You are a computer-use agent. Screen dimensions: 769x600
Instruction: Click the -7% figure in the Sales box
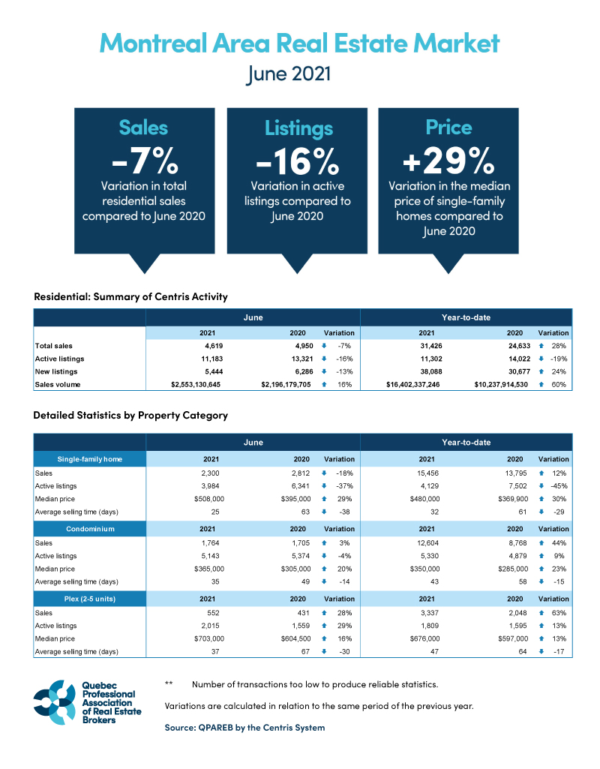[145, 160]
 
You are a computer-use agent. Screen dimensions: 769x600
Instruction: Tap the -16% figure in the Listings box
[297, 160]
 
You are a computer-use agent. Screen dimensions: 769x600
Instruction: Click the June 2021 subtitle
[299, 75]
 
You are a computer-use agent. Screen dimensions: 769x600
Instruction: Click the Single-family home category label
[90, 458]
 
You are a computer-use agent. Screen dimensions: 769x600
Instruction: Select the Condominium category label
[90, 528]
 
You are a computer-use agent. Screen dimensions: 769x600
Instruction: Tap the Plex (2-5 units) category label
[90, 598]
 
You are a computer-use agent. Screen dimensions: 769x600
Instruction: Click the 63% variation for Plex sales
[559, 613]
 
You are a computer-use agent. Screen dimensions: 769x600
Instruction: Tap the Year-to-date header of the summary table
[466, 317]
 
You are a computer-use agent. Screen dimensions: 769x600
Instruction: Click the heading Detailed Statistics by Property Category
[130, 415]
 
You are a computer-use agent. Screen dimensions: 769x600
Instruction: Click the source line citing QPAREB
[244, 727]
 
